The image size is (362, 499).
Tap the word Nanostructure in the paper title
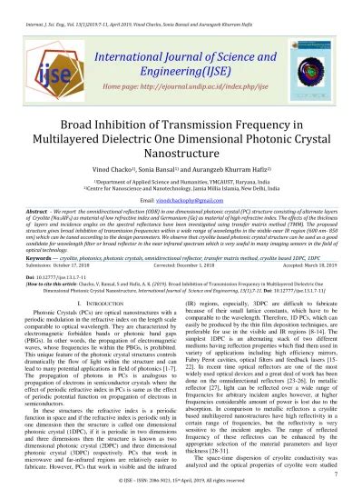(181, 130)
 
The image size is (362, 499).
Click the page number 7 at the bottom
(336, 474)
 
